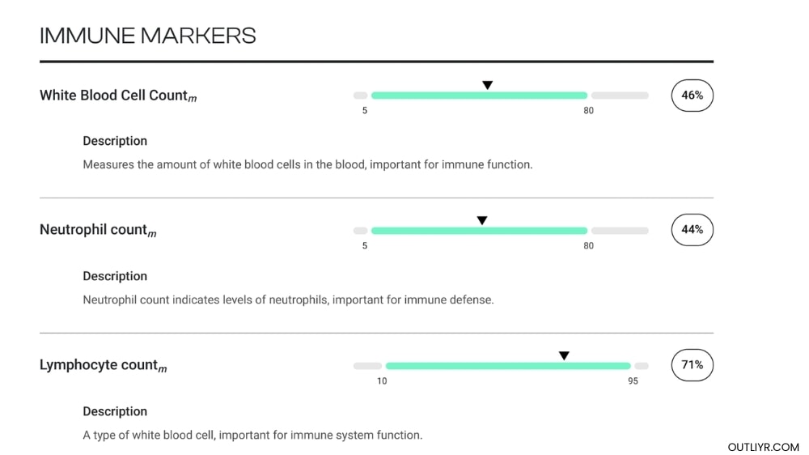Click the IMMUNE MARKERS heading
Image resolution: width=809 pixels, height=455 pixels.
(x=148, y=36)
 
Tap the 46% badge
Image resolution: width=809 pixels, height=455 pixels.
(x=692, y=96)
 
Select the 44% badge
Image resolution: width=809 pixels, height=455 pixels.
(x=692, y=230)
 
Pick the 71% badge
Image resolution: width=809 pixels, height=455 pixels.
(x=692, y=365)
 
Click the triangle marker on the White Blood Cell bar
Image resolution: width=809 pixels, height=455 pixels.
(x=487, y=85)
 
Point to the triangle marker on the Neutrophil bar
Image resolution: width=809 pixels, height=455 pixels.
(x=482, y=220)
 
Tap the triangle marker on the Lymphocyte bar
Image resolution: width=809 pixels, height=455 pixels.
(x=564, y=355)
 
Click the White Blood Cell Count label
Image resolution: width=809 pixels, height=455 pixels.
(x=117, y=96)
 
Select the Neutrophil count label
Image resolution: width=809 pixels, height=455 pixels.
(x=97, y=230)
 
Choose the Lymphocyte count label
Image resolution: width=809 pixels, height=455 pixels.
(x=103, y=365)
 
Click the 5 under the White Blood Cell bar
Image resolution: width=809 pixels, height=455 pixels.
(x=365, y=110)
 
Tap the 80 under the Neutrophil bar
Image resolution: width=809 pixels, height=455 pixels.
(x=588, y=245)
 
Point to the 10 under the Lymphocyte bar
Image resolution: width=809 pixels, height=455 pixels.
(x=382, y=381)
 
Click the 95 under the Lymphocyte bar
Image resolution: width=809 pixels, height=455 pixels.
(x=633, y=381)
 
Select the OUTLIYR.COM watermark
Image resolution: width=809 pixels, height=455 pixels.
(x=763, y=447)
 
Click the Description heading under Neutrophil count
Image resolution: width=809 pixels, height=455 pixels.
(x=115, y=276)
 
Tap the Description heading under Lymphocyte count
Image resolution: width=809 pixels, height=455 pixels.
(x=115, y=411)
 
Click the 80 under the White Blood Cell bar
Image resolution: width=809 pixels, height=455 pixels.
(x=588, y=110)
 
